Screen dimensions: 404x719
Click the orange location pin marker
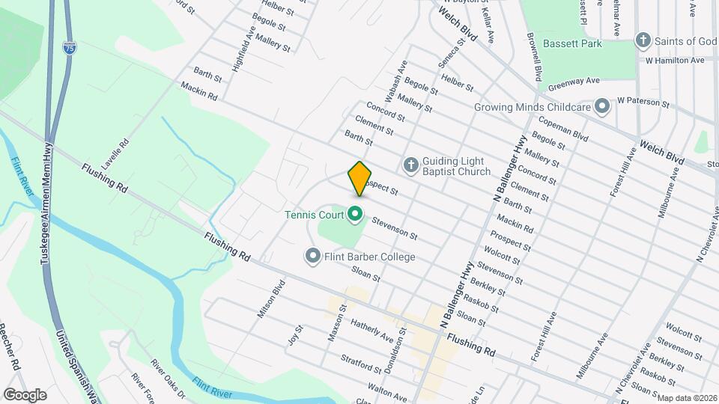click(359, 178)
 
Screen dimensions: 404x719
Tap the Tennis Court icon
click(356, 215)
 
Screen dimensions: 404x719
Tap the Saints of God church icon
click(643, 40)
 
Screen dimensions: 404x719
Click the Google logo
click(25, 394)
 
